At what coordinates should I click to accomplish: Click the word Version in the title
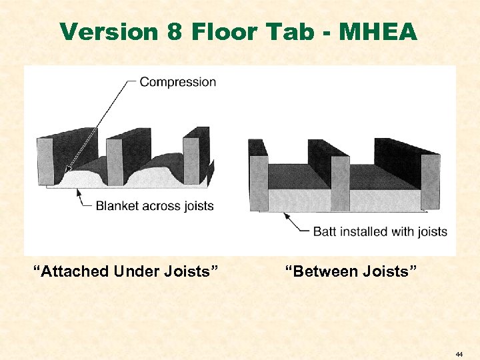(106, 31)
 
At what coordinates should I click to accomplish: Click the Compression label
(178, 82)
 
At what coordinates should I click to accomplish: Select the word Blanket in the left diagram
(117, 205)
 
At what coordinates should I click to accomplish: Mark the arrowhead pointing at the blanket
(79, 191)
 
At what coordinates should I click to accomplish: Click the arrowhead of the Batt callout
(286, 215)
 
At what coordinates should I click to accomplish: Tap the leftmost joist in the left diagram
(46, 160)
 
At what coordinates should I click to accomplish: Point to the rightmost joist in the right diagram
(430, 180)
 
